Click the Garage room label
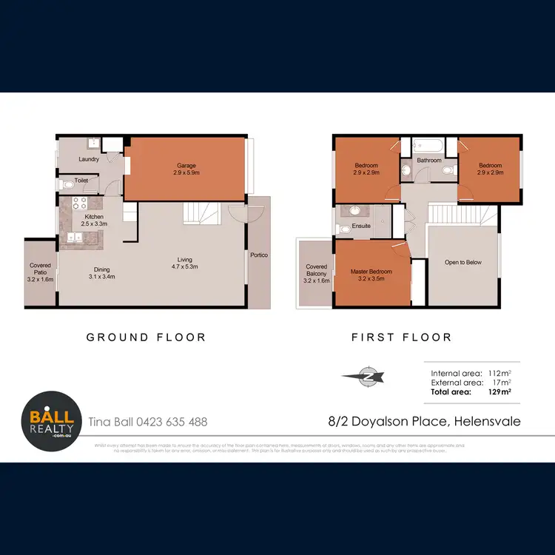[x=185, y=169]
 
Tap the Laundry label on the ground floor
[x=89, y=159]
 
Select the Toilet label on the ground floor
[x=81, y=180]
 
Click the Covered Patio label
[x=40, y=273]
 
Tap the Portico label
[x=258, y=255]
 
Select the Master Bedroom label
[x=371, y=275]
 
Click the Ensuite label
[x=361, y=226]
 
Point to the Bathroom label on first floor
[x=428, y=160]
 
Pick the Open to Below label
[x=463, y=262]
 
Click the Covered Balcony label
[x=316, y=274]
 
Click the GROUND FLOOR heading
[x=146, y=337]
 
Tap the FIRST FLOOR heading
[x=401, y=337]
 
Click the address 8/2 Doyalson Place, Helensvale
[x=424, y=421]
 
